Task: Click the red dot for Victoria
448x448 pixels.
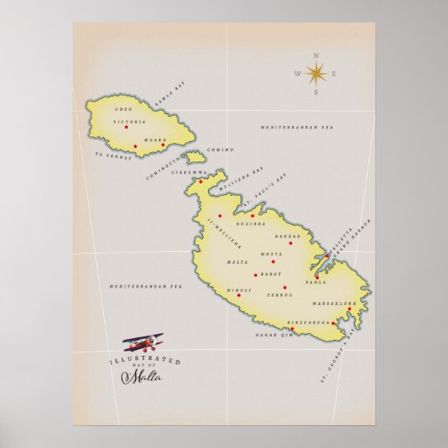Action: pos(126,127)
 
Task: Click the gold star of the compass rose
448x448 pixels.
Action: pos(317,74)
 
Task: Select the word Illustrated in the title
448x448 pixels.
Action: pos(145,360)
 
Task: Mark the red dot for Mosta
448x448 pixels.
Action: pos(273,261)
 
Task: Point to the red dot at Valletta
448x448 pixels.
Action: pos(327,254)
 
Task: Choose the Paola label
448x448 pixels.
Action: pos(315,283)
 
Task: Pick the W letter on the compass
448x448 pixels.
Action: pos(298,74)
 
